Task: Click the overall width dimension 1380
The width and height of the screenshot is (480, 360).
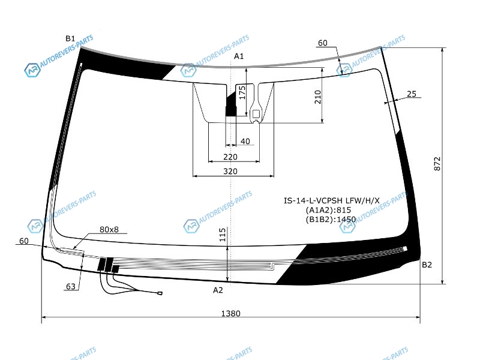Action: pyautogui.click(x=230, y=313)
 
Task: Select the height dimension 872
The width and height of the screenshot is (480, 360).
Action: pyautogui.click(x=437, y=164)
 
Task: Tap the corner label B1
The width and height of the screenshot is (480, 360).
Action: pyautogui.click(x=70, y=38)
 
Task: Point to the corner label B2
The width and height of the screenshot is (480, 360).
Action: pyautogui.click(x=427, y=265)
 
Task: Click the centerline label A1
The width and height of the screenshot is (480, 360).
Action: pyautogui.click(x=239, y=56)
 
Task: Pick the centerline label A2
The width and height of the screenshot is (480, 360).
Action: pyautogui.click(x=218, y=290)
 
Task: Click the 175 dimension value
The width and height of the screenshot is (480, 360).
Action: pyautogui.click(x=242, y=92)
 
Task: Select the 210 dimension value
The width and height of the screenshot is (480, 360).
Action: pyautogui.click(x=318, y=97)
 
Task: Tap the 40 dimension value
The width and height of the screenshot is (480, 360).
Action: pyautogui.click(x=245, y=141)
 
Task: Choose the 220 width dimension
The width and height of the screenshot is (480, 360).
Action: pyautogui.click(x=230, y=157)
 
